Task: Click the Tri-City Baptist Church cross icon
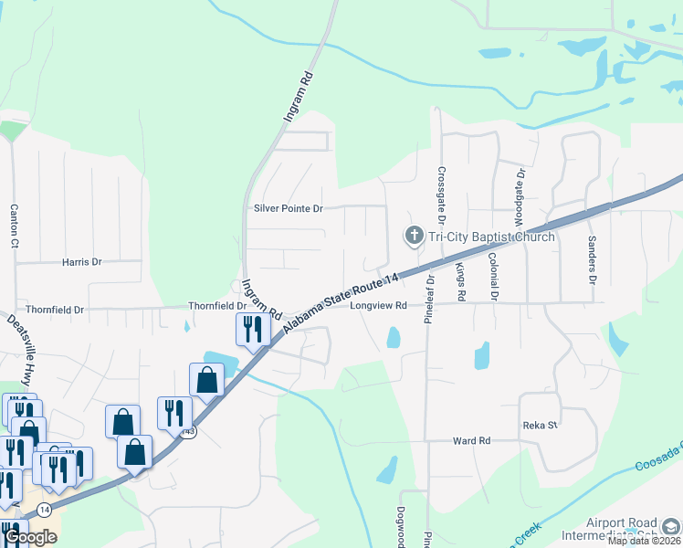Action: [x=414, y=237]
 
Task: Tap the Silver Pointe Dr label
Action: [x=289, y=209]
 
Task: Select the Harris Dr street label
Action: [x=82, y=262]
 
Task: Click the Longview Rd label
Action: [x=378, y=306]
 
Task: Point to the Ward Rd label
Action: [x=472, y=440]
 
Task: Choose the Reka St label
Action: [x=540, y=426]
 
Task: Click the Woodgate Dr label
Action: [x=520, y=197]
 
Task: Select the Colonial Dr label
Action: [x=493, y=277]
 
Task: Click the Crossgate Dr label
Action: [x=441, y=195]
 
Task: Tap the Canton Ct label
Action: [x=15, y=226]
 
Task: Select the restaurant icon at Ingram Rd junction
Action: [x=253, y=330]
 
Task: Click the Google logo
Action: [x=29, y=537]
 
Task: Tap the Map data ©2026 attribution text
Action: [x=645, y=541]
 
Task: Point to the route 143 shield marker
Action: [x=187, y=431]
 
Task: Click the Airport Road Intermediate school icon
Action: [x=670, y=526]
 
